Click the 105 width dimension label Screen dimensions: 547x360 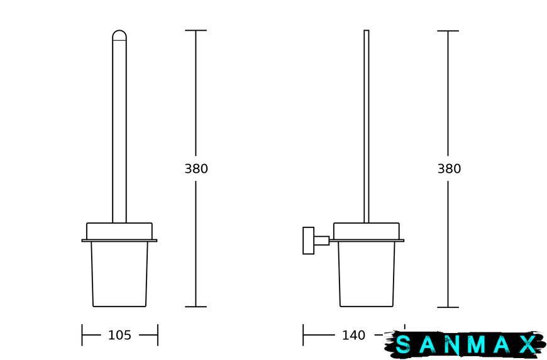119,335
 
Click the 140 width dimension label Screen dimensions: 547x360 353,335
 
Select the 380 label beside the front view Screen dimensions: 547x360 196,168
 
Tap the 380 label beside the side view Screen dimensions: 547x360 449,168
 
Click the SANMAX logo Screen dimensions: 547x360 466,344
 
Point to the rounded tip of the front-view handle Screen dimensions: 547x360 119,35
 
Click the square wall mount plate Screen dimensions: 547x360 308,241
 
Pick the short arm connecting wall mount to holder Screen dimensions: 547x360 322,241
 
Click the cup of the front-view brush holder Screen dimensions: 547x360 119,275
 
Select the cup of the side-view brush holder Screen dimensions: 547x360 367,275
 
